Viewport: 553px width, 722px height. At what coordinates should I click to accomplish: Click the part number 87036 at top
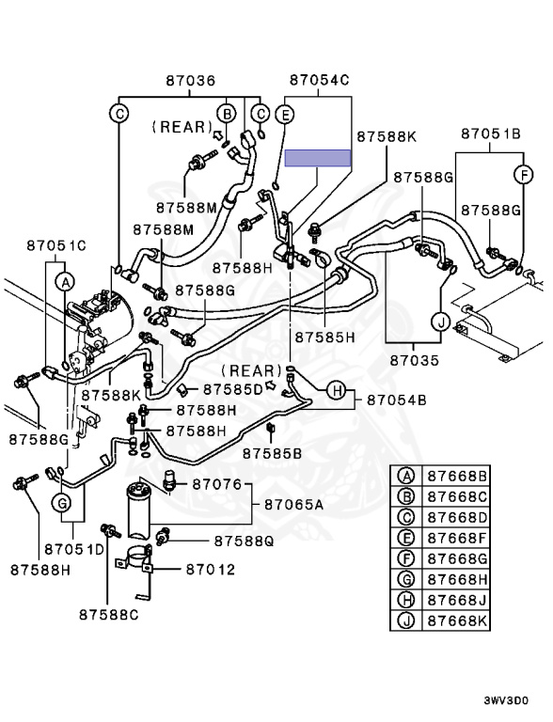pos(190,81)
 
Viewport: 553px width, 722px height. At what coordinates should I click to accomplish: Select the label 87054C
pos(320,80)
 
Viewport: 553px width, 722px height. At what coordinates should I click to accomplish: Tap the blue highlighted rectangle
pos(318,158)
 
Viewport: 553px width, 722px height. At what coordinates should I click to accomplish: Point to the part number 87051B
pos(491,133)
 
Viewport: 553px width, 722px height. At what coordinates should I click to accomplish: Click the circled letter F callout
pos(524,175)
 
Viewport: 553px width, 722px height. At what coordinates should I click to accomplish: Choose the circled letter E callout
pos(285,114)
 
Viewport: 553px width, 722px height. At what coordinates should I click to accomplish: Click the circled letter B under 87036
pos(227,113)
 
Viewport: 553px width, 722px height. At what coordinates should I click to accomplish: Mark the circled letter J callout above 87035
pos(441,322)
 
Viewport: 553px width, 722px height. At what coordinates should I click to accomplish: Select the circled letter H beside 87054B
pos(337,391)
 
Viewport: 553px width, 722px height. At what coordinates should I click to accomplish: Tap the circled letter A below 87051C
pos(65,282)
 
